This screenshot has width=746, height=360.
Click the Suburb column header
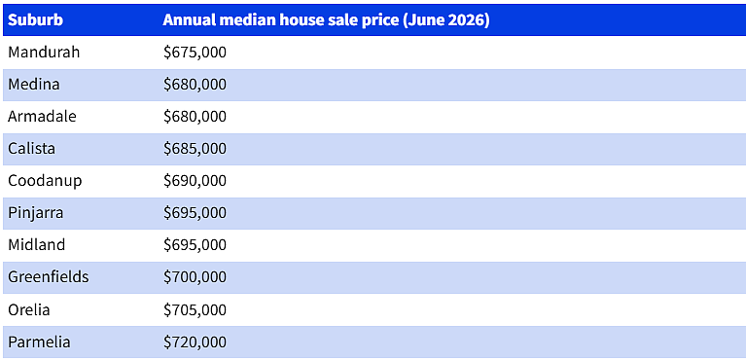coord(35,20)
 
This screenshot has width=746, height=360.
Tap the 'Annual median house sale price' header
coord(326,20)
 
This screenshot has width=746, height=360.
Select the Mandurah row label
coord(44,52)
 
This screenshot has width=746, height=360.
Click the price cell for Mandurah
coord(195,53)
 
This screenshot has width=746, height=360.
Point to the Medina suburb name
coord(34,85)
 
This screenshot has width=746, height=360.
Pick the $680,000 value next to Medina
coord(195,85)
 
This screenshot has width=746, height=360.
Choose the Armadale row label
coord(42,116)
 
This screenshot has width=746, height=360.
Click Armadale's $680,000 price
coord(195,117)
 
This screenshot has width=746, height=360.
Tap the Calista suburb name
coord(31,148)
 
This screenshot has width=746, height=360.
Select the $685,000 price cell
coord(195,149)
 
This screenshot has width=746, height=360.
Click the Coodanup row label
coord(45,181)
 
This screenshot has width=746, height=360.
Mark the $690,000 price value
coord(195,181)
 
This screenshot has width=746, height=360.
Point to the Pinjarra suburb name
coord(36,213)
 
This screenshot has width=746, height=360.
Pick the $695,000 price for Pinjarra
coord(195,213)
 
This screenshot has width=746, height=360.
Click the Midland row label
coord(37,245)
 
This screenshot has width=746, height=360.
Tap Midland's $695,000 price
coord(195,245)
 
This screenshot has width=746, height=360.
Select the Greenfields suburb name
coord(49,276)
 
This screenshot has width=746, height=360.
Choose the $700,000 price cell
coord(195,277)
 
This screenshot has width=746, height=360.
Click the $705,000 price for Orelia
coord(195,310)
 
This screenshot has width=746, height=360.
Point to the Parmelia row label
coord(39,342)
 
